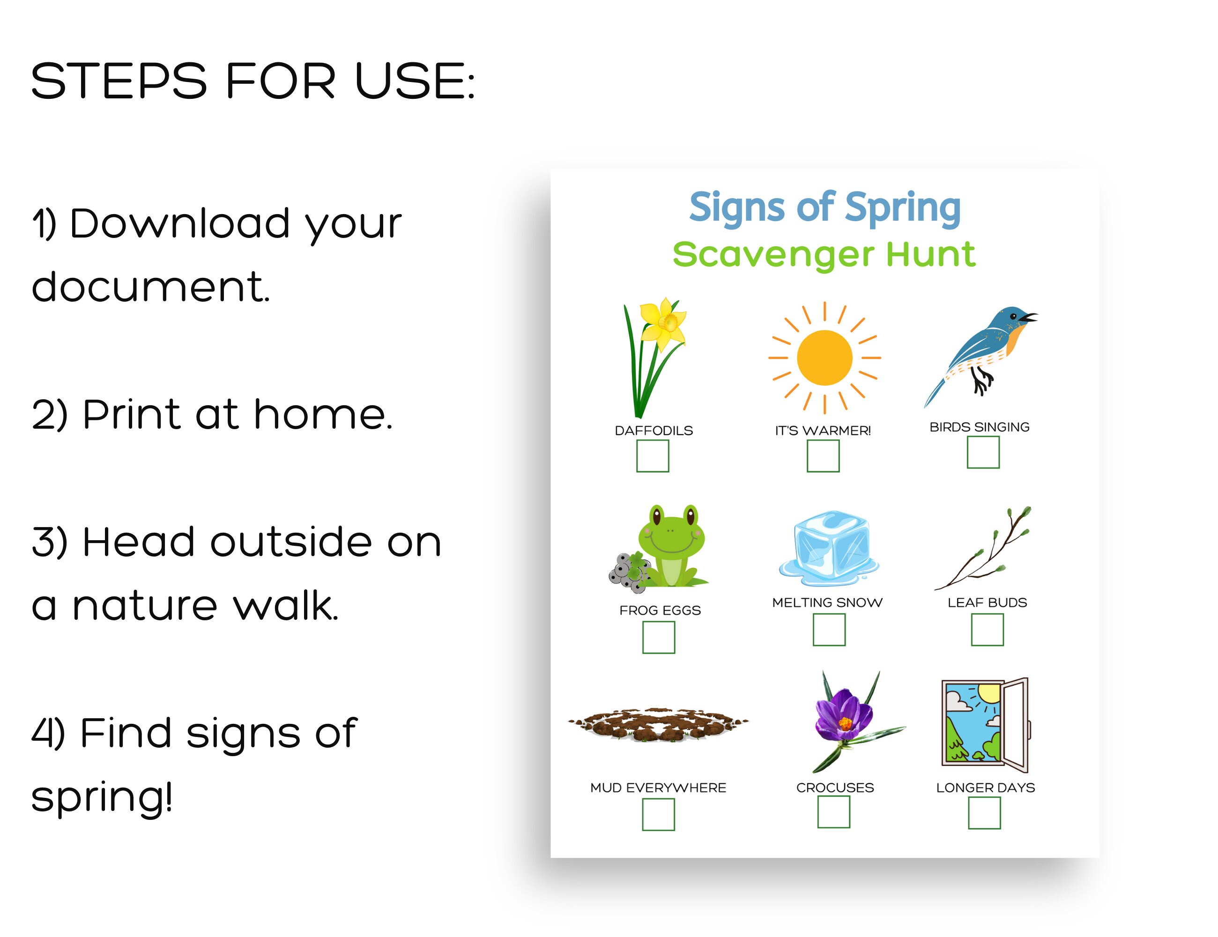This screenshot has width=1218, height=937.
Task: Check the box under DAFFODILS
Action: pyautogui.click(x=653, y=456)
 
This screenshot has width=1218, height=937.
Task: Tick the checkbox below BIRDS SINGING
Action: pyautogui.click(x=983, y=452)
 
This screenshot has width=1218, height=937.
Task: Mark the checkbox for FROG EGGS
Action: pyautogui.click(x=658, y=637)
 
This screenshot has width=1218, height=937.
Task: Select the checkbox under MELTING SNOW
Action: pyautogui.click(x=829, y=630)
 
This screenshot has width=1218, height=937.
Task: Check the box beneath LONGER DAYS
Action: pyautogui.click(x=984, y=813)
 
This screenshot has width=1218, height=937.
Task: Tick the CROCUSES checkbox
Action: pyautogui.click(x=834, y=812)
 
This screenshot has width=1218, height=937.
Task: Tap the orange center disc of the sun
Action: pyautogui.click(x=824, y=357)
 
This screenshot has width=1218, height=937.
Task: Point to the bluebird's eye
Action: pyautogui.click(x=1013, y=317)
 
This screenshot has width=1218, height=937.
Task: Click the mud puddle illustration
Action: pyautogui.click(x=658, y=724)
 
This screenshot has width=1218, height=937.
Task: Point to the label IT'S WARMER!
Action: pyautogui.click(x=823, y=431)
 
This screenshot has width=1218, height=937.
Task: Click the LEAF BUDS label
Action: pyautogui.click(x=987, y=602)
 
